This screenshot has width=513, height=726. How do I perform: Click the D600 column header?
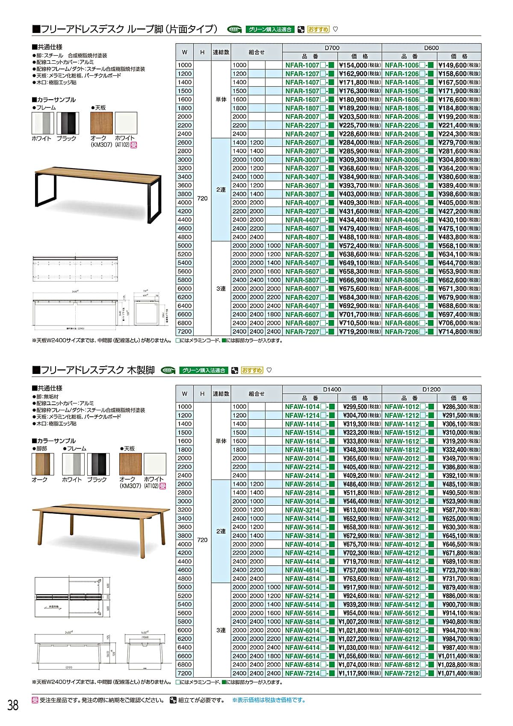(x=431, y=48)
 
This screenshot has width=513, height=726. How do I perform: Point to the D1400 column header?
(x=332, y=389)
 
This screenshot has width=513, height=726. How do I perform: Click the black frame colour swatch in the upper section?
(x=68, y=123)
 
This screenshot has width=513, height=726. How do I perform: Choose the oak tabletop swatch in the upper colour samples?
(x=102, y=123)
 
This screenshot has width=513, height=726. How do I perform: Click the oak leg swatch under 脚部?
(x=43, y=464)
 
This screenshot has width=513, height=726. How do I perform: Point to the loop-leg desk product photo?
(x=97, y=193)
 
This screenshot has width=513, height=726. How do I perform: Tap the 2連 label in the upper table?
(x=221, y=190)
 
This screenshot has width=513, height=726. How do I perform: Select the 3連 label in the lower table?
(x=221, y=630)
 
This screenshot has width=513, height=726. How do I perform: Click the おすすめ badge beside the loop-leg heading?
(x=318, y=30)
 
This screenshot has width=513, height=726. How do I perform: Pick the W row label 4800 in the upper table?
(x=185, y=237)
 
